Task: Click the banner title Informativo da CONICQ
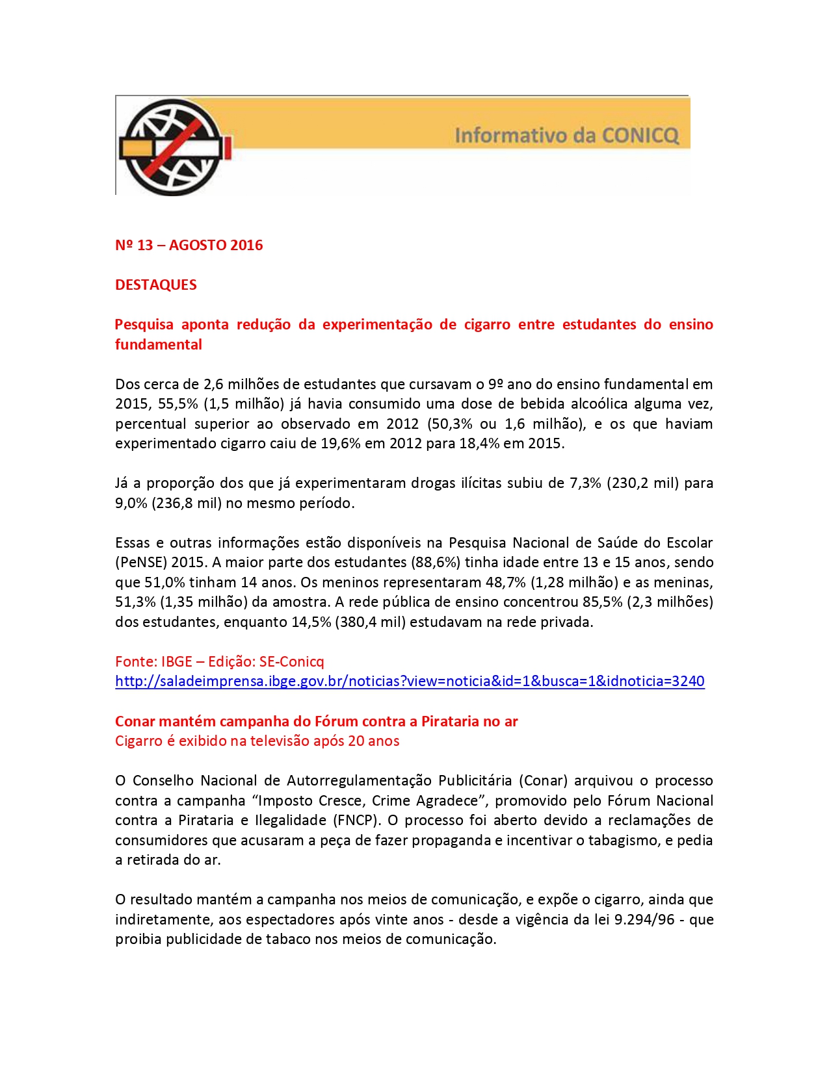(x=566, y=136)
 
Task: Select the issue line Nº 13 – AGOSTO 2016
(x=189, y=246)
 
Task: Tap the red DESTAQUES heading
(x=156, y=285)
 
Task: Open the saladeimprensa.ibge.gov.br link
(x=410, y=682)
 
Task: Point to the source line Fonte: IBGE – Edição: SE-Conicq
(x=219, y=661)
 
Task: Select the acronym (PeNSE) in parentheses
(x=140, y=563)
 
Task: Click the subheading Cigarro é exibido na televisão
(x=257, y=741)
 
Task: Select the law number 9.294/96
(x=644, y=920)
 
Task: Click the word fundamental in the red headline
(x=159, y=345)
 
